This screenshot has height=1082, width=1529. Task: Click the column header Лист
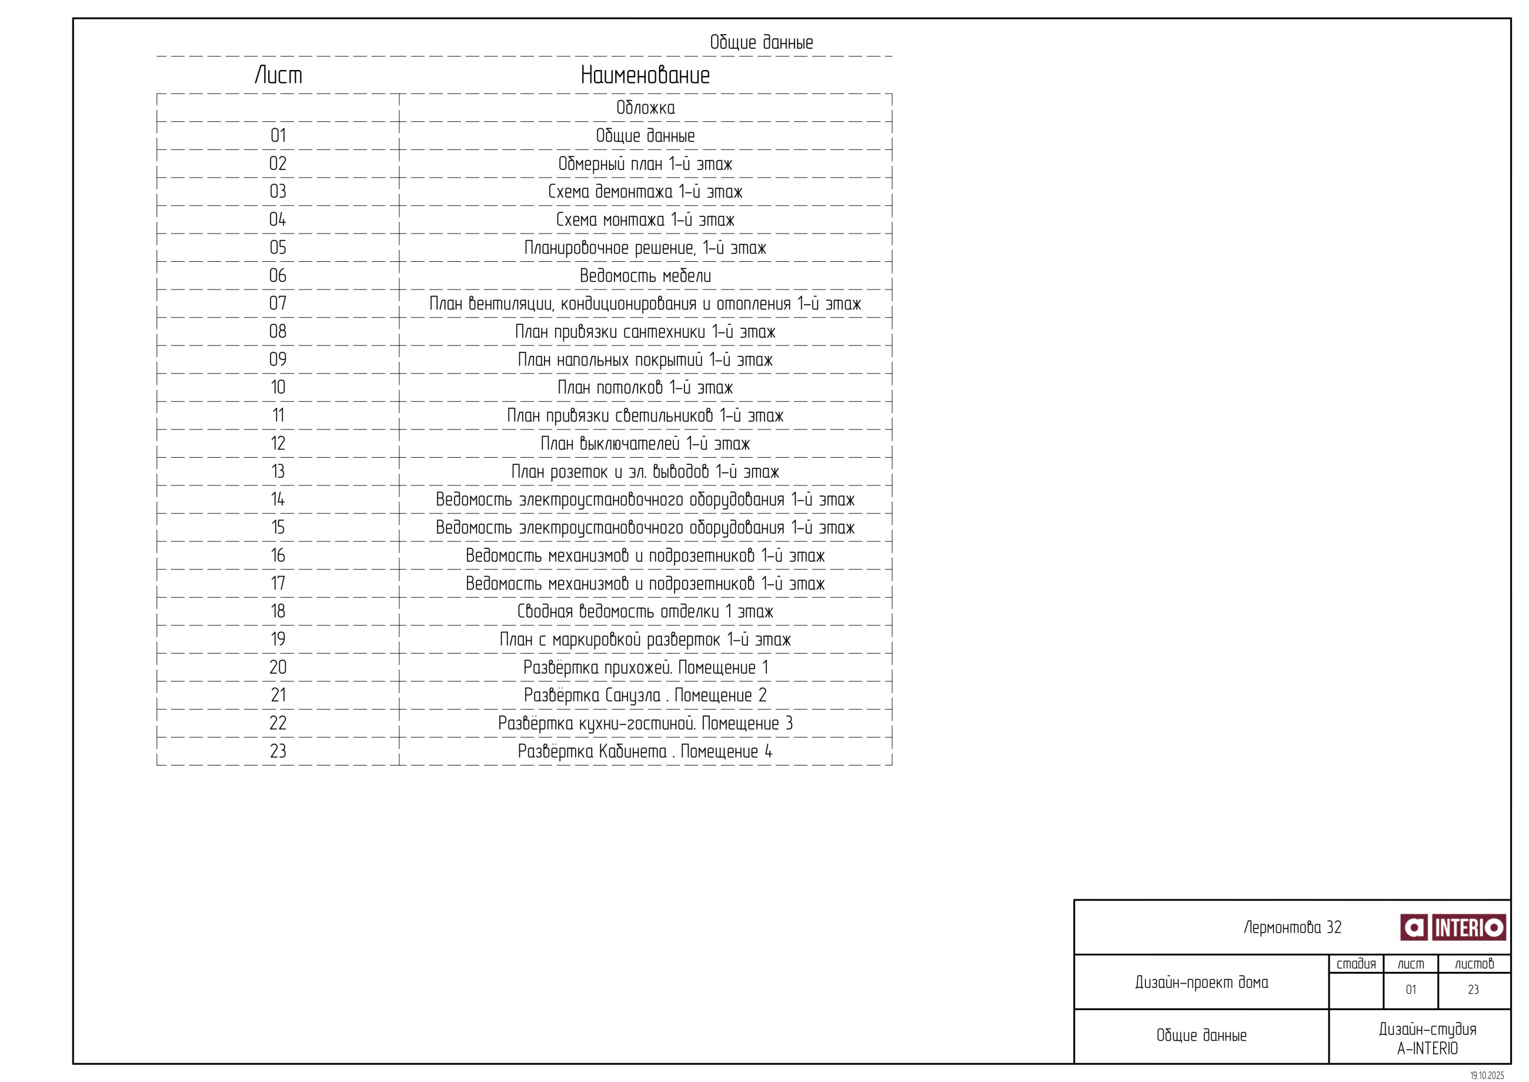click(x=278, y=75)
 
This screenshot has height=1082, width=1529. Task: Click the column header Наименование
click(x=645, y=75)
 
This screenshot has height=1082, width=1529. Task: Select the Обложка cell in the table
click(x=645, y=108)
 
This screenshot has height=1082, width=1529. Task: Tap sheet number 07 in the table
click(x=278, y=304)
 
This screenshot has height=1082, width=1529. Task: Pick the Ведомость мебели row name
click(x=645, y=276)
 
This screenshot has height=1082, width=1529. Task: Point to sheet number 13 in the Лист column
click(x=278, y=472)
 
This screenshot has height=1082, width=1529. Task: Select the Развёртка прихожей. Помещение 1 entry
click(x=645, y=668)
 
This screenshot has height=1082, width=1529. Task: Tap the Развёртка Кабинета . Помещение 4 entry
click(x=645, y=751)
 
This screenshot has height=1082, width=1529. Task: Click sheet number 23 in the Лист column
click(x=278, y=751)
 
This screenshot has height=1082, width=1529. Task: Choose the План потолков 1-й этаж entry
click(x=645, y=388)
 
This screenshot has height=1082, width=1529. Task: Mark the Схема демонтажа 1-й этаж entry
click(x=645, y=192)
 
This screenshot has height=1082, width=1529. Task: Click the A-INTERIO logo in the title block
click(x=1453, y=927)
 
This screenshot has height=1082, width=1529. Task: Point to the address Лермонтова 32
click(x=1292, y=927)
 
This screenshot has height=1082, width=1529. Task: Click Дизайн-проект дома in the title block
click(x=1201, y=982)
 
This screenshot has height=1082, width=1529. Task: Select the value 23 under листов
click(x=1473, y=990)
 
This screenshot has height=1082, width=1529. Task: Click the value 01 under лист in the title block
click(x=1410, y=990)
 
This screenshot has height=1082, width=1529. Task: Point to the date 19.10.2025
click(x=1487, y=1076)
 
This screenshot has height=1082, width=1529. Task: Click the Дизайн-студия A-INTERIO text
click(x=1427, y=1038)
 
